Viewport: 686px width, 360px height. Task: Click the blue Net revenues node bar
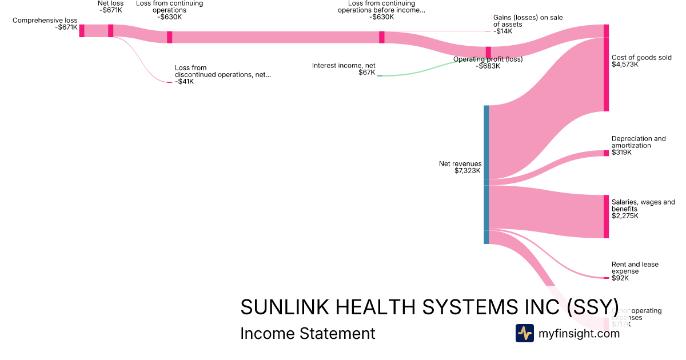pyautogui.click(x=486, y=174)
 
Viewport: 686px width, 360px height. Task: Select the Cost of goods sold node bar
pyautogui.click(x=606, y=68)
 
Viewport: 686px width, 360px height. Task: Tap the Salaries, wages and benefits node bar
pyautogui.click(x=606, y=217)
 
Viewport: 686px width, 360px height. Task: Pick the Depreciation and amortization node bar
pyautogui.click(x=606, y=153)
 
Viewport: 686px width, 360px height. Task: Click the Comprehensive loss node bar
pyautogui.click(x=82, y=31)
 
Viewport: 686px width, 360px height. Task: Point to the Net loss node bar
pyautogui.click(x=111, y=31)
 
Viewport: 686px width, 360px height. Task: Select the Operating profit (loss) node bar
pyautogui.click(x=488, y=53)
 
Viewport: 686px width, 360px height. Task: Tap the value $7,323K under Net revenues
pyautogui.click(x=468, y=171)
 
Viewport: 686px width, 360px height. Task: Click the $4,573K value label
pyautogui.click(x=625, y=65)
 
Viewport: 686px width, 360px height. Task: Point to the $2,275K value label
pyautogui.click(x=625, y=216)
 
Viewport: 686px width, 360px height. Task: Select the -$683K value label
pyautogui.click(x=488, y=66)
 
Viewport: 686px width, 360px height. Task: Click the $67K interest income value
pyautogui.click(x=367, y=73)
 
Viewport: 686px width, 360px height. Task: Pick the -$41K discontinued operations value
pyautogui.click(x=184, y=82)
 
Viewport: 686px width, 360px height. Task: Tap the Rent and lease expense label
pyautogui.click(x=635, y=267)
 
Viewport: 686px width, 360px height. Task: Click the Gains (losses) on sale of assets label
pyautogui.click(x=528, y=21)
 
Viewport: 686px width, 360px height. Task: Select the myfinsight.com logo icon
pyautogui.click(x=524, y=333)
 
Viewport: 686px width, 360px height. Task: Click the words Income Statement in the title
pyautogui.click(x=308, y=333)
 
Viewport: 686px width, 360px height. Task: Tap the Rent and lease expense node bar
pyautogui.click(x=606, y=278)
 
